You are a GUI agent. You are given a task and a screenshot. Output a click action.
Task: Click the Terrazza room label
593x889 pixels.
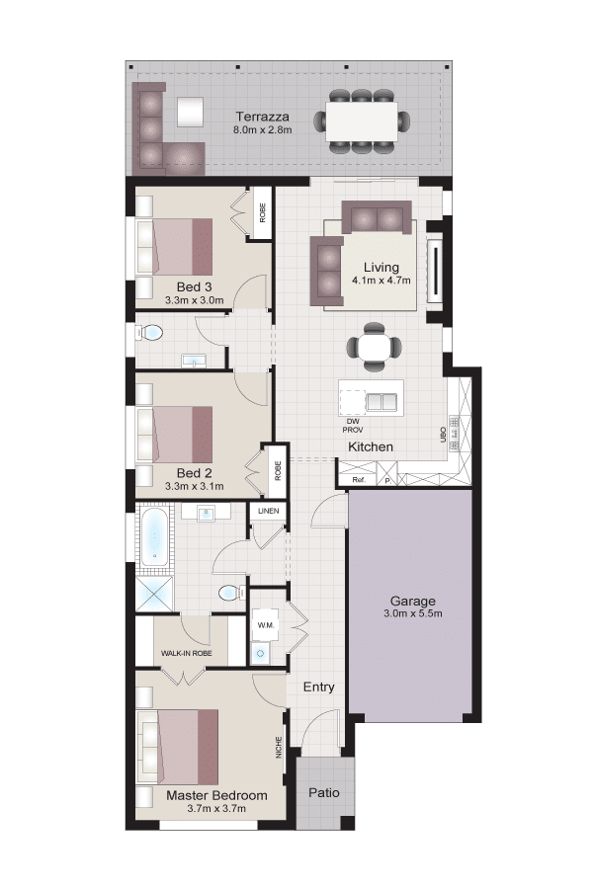(262, 117)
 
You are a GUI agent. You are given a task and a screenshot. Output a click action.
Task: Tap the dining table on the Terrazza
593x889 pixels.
(361, 121)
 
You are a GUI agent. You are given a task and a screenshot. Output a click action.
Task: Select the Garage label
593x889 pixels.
(412, 601)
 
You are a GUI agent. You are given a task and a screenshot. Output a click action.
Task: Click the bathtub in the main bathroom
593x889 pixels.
(154, 535)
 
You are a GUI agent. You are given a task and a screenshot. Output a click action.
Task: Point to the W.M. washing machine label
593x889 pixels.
(266, 625)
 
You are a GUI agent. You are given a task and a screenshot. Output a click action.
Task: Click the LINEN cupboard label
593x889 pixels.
(269, 511)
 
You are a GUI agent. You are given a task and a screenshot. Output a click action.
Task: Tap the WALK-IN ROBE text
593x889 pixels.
(186, 653)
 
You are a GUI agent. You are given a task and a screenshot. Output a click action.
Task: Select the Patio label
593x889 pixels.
(324, 792)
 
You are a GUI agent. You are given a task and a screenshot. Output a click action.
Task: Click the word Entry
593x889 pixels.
(318, 687)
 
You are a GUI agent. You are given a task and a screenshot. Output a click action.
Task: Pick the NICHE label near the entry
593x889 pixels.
(279, 747)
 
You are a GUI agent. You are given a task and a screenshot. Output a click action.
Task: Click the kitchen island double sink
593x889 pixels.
(381, 401)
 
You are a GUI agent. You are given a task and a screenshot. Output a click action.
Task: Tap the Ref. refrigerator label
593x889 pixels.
(358, 480)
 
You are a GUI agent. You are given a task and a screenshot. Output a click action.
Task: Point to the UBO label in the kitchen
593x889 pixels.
(443, 435)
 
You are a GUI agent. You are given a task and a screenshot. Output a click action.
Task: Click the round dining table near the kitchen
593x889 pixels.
(374, 347)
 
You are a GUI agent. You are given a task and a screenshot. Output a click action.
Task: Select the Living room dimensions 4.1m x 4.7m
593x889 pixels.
(381, 281)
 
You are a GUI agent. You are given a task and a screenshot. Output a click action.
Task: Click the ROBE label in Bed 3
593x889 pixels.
(262, 212)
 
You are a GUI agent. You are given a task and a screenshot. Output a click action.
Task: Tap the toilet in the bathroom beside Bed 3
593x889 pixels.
(149, 332)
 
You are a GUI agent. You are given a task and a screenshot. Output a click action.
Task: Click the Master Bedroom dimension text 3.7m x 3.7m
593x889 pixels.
(216, 808)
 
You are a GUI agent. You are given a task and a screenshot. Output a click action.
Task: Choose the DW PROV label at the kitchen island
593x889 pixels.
(353, 426)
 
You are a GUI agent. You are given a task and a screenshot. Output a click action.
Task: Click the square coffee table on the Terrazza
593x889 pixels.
(190, 112)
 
